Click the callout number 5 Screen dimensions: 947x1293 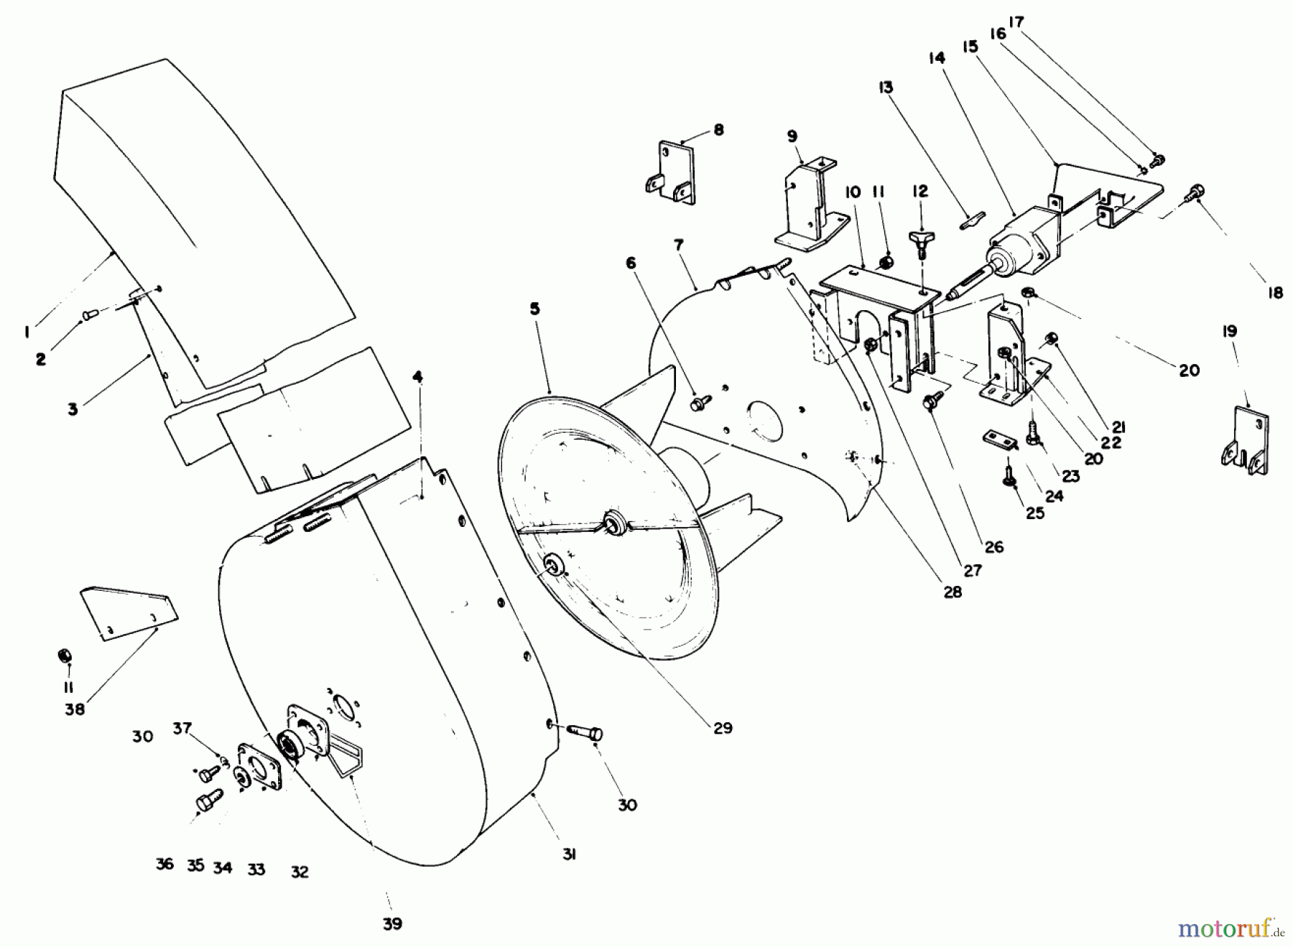(535, 309)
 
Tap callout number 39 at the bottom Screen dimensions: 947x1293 (392, 924)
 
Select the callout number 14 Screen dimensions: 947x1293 (937, 59)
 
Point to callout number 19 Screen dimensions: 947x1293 (1229, 332)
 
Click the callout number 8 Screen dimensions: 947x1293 (718, 130)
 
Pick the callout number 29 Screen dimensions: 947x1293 (723, 728)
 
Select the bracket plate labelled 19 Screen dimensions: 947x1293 (1246, 440)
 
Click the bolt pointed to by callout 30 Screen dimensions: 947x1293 (585, 732)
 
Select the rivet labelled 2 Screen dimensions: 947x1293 (88, 313)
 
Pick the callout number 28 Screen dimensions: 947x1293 (953, 592)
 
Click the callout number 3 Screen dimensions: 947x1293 (73, 410)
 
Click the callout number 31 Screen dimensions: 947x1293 (569, 855)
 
